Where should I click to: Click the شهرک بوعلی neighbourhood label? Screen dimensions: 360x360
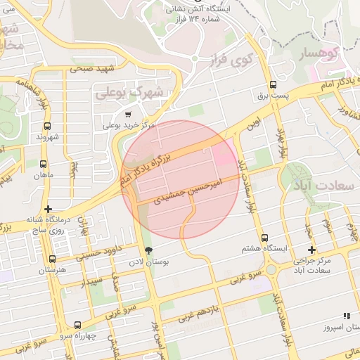[x=139, y=91]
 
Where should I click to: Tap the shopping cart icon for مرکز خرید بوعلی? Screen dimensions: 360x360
[x=127, y=114]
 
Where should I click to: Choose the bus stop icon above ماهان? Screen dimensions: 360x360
[x=46, y=162]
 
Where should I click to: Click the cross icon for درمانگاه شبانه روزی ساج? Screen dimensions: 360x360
[x=48, y=209]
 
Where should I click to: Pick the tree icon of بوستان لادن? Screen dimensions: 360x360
[x=148, y=250]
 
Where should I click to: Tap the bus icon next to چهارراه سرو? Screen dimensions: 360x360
[x=77, y=325]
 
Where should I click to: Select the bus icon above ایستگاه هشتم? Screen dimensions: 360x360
[x=264, y=238]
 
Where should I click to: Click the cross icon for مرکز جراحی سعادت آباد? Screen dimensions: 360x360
[x=311, y=250]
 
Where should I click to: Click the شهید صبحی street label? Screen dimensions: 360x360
[x=91, y=70]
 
